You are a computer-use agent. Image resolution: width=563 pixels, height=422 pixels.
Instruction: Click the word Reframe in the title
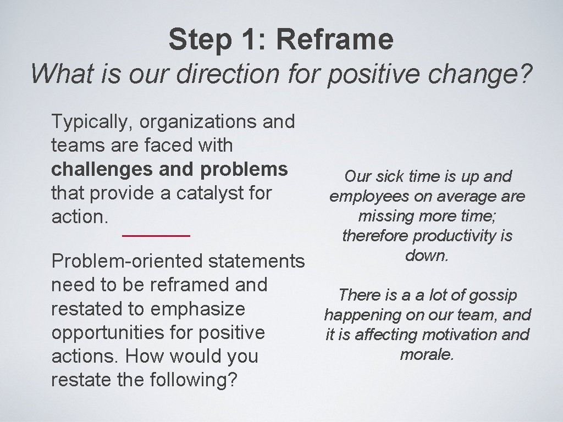coord(334,39)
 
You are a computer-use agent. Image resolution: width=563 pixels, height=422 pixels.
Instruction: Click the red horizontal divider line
coord(156,235)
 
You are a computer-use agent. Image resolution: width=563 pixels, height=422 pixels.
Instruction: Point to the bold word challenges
coord(101,169)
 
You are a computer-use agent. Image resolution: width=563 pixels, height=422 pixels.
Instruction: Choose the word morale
coord(427,354)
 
